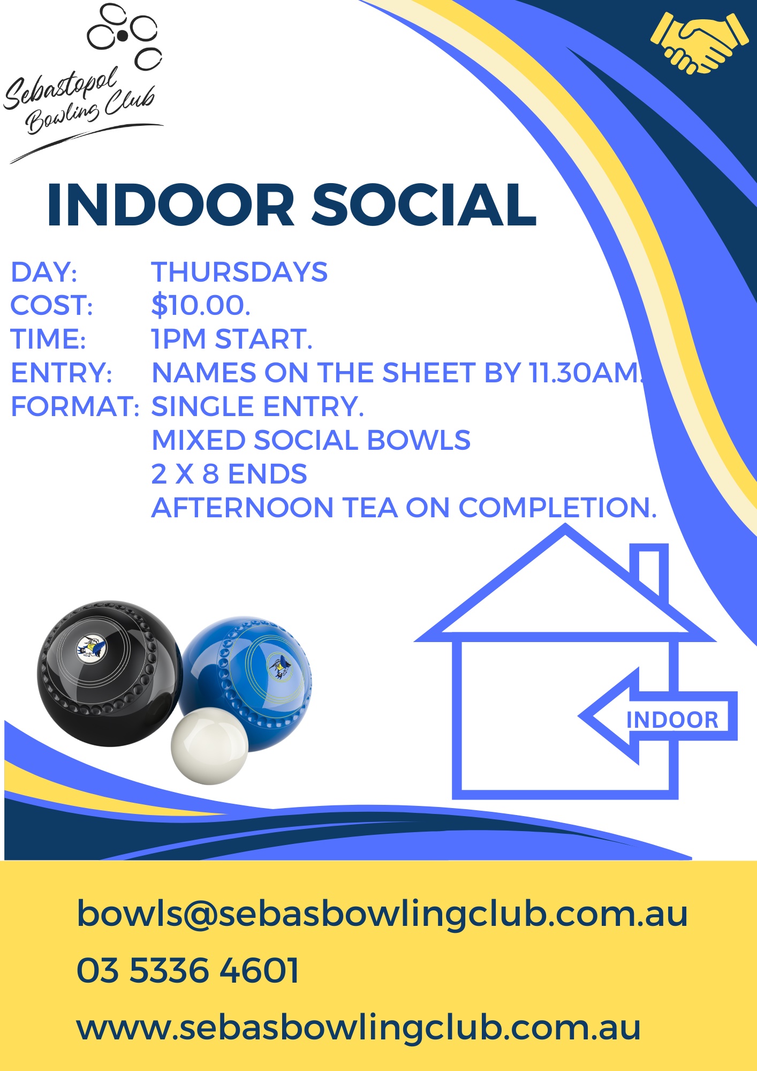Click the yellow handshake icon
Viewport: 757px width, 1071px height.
(699, 43)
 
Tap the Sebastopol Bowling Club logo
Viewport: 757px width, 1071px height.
(83, 83)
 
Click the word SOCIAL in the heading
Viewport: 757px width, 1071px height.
(424, 206)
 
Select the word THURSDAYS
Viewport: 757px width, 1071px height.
(239, 272)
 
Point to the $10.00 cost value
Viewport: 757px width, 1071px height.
(201, 305)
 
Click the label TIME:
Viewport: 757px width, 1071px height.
(48, 339)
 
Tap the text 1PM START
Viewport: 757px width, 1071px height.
(232, 339)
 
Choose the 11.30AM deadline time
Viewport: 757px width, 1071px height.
(587, 373)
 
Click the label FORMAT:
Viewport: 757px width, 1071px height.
(75, 406)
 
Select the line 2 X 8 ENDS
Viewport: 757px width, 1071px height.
(229, 474)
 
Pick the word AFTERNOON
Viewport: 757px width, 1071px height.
(243, 508)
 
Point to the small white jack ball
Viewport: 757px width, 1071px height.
(209, 746)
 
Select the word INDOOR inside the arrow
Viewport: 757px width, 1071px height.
(672, 720)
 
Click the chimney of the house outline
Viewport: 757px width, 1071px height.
(649, 573)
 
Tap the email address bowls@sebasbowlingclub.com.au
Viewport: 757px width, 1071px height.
(382, 914)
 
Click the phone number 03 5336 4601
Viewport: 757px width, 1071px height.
(188, 970)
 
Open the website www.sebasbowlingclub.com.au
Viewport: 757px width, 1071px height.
(359, 1027)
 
